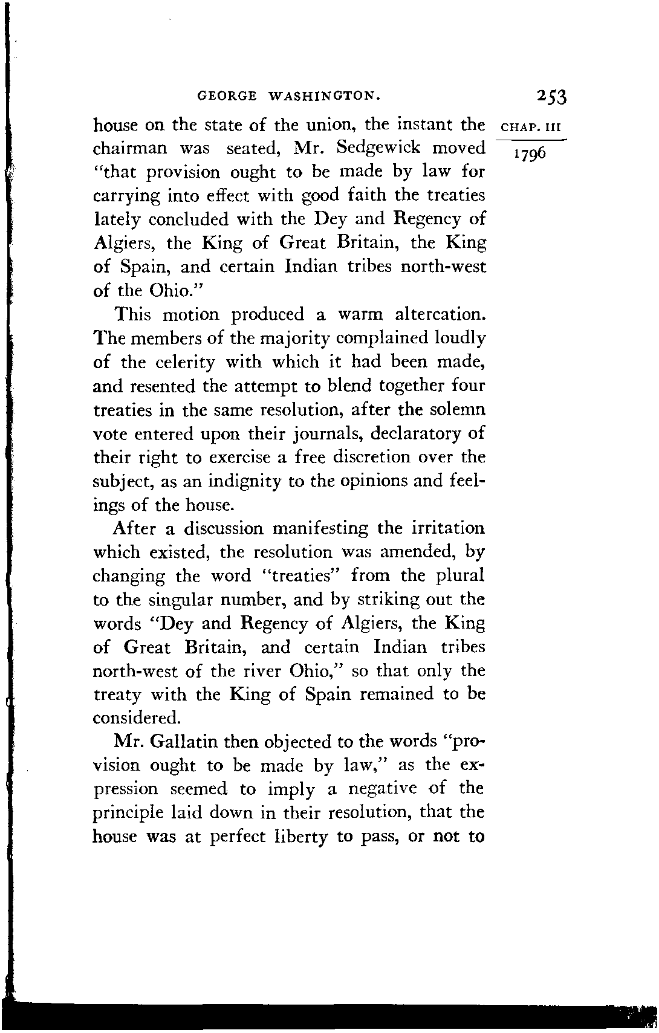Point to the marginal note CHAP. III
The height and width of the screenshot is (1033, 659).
click(532, 128)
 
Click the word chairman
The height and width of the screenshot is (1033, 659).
click(131, 148)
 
